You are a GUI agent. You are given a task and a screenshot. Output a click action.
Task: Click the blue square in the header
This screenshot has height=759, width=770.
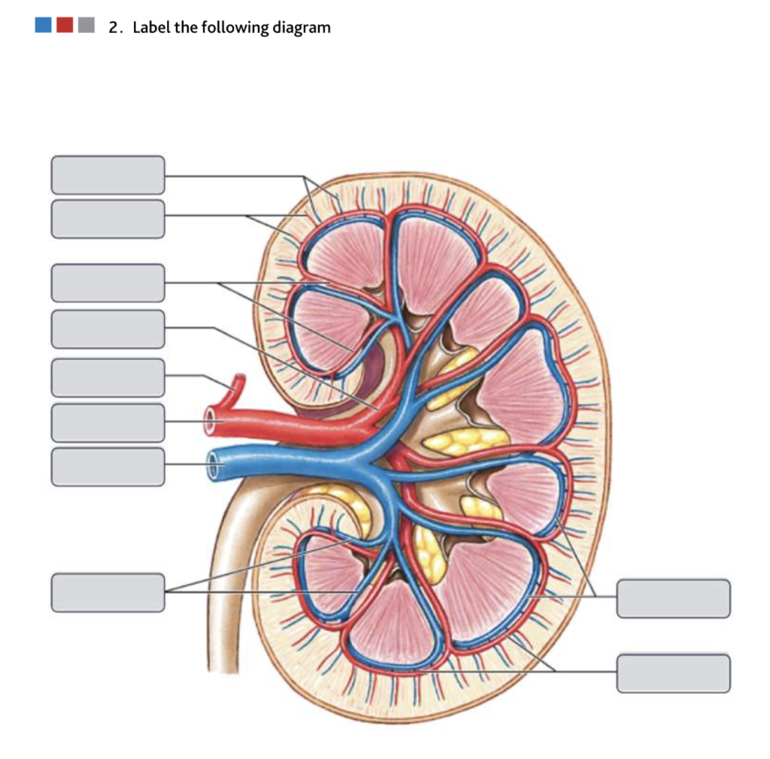[x=43, y=26]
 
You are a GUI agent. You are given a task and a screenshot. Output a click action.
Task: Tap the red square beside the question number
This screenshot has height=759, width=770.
[x=65, y=26]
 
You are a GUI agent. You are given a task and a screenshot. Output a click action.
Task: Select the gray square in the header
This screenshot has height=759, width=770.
[x=86, y=26]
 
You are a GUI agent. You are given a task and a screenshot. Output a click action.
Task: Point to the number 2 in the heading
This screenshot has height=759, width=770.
[x=114, y=28]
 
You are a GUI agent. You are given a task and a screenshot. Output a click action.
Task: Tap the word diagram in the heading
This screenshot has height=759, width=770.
[x=301, y=29]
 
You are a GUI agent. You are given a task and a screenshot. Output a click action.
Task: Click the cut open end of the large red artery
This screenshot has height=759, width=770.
[x=211, y=420]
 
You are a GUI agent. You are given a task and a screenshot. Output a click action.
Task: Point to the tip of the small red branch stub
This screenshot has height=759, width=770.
[x=240, y=380]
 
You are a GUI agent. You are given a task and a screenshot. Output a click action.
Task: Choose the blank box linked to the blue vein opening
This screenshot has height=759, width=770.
[x=108, y=467]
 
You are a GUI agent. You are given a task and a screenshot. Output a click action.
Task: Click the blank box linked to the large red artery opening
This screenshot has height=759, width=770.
[x=108, y=422]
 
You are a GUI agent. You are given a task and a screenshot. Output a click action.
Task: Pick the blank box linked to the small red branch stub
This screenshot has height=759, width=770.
[x=108, y=377]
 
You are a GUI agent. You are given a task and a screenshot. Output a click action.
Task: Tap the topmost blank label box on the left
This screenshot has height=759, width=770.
[x=108, y=175]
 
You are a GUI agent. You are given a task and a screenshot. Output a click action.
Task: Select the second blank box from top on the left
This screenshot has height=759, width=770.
[x=108, y=219]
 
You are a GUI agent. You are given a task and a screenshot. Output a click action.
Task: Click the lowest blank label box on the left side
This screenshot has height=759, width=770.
[x=108, y=592]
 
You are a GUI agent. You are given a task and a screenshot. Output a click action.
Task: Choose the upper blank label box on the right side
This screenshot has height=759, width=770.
[x=673, y=598]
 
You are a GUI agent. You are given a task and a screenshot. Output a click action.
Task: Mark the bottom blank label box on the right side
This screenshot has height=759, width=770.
[x=673, y=673]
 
